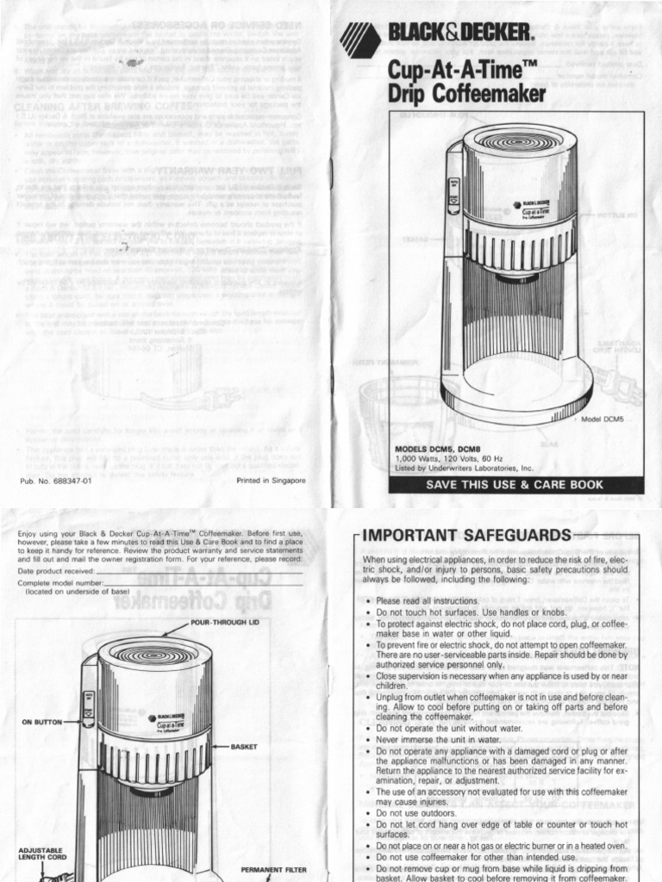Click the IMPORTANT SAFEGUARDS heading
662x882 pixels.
click(x=466, y=535)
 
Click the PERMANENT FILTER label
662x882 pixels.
click(x=273, y=869)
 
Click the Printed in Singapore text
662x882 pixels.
click(x=270, y=481)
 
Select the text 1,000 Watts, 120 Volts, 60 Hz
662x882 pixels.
click(x=458, y=459)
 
